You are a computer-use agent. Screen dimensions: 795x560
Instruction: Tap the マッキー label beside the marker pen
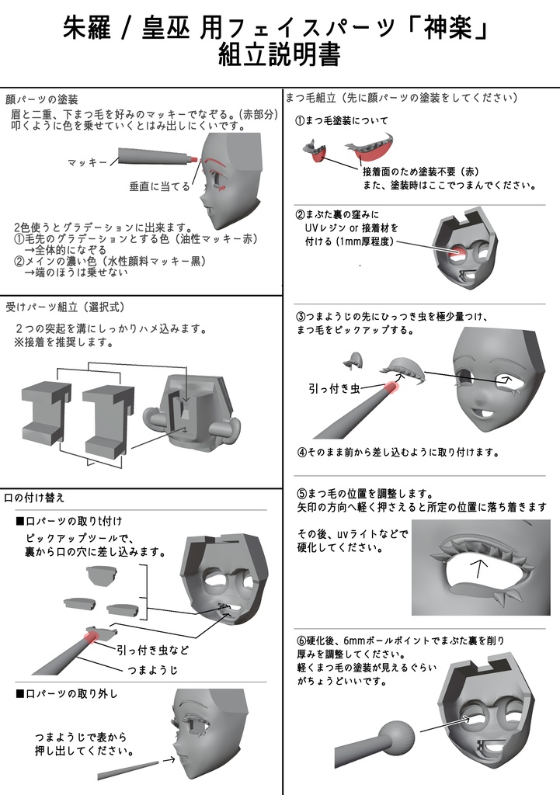coord(87,161)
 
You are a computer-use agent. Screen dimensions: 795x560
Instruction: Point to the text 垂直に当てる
coord(159,187)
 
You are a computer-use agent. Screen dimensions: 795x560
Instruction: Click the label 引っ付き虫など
coord(152,649)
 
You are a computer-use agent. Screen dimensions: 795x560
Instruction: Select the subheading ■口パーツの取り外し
coord(69,693)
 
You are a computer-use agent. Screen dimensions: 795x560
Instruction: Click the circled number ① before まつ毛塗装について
coord(300,121)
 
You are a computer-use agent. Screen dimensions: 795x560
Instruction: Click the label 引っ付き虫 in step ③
coord(335,389)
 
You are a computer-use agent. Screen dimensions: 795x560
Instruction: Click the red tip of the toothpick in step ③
coord(391,386)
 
